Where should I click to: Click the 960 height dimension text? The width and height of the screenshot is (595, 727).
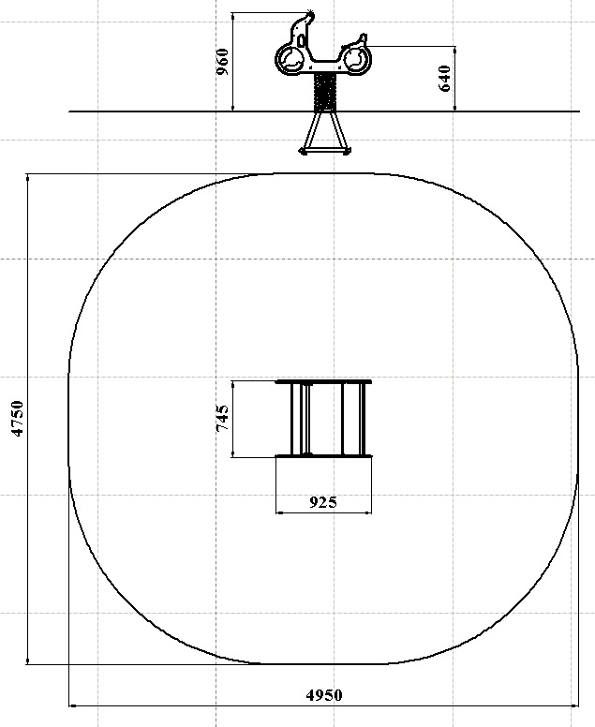pos(223,61)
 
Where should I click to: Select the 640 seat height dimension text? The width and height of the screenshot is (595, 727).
pos(444,79)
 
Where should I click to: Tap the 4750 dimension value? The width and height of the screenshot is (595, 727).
pos(18,419)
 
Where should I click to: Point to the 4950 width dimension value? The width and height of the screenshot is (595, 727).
pos(324,695)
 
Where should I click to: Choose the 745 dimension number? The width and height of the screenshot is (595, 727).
pos(223,418)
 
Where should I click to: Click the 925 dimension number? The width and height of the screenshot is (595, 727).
pos(323,502)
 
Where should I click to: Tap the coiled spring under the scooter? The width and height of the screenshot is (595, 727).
pos(324,92)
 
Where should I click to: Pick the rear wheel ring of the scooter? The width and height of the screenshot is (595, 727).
pos(356,59)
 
